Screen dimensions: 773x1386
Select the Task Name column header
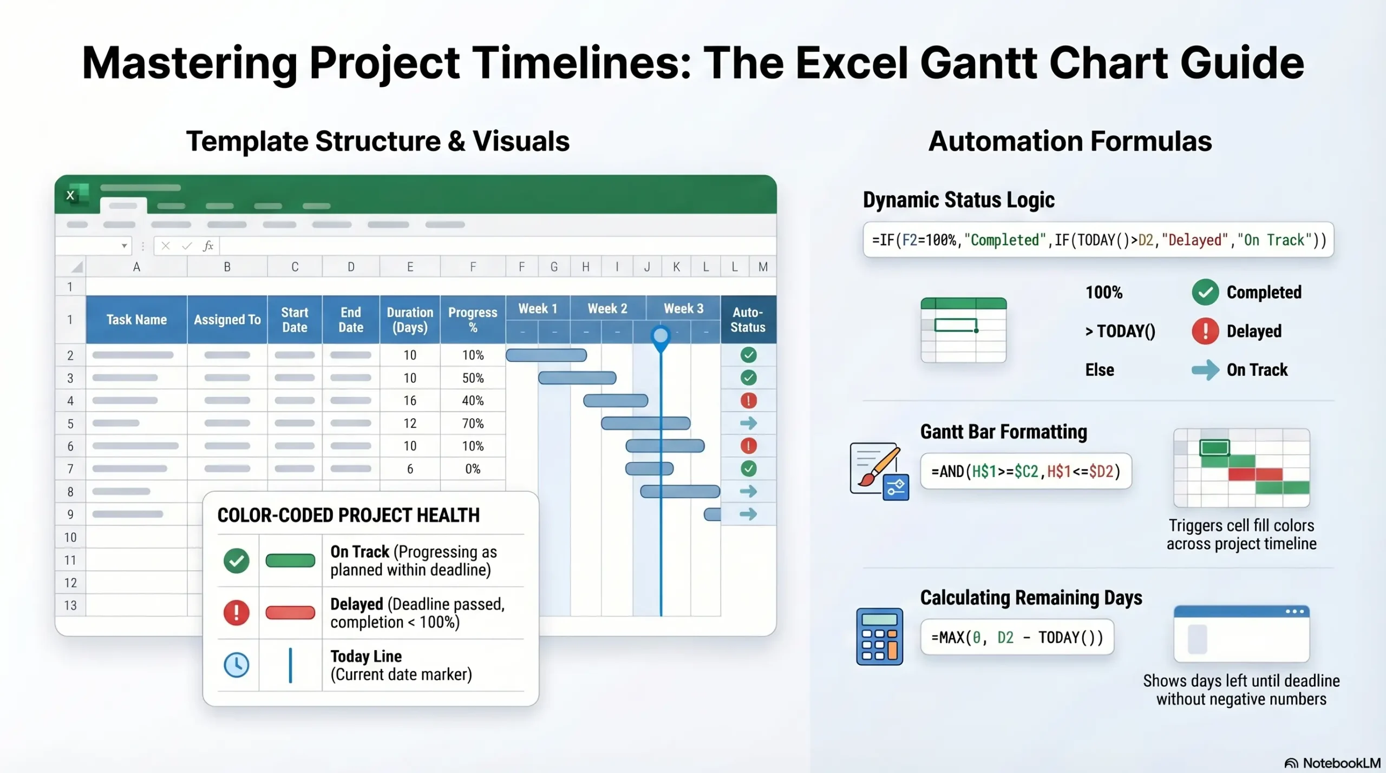(x=136, y=320)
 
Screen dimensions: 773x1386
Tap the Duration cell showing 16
(x=410, y=401)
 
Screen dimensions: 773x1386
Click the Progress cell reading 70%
(x=473, y=424)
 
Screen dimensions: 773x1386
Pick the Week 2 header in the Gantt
(x=607, y=308)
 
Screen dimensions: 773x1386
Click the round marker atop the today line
(x=661, y=336)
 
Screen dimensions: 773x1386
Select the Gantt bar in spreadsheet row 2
(x=546, y=355)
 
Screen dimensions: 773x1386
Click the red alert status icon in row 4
(x=748, y=401)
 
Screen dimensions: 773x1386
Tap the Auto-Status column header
(x=748, y=320)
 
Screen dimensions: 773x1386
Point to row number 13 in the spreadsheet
(x=70, y=605)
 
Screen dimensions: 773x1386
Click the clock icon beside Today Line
(x=237, y=665)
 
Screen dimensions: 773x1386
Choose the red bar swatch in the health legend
(x=290, y=613)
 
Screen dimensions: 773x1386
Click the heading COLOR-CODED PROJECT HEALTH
(x=348, y=516)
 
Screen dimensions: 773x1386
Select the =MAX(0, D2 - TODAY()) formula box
(x=1017, y=637)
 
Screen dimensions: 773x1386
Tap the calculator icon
(x=879, y=637)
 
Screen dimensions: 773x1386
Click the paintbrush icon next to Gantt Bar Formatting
(x=878, y=470)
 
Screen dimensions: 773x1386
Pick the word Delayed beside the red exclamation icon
(x=1254, y=331)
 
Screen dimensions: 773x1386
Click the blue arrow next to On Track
(x=1205, y=370)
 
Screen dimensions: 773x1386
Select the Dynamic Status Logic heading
(x=958, y=200)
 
